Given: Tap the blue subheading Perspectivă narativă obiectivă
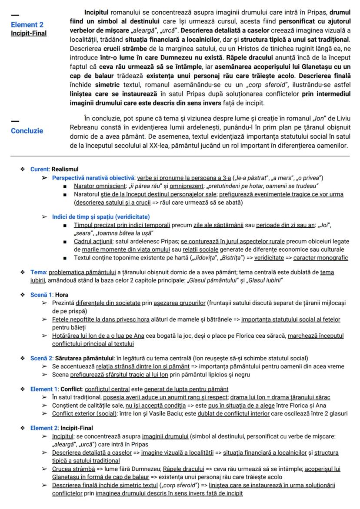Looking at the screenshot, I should [x=93, y=178].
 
